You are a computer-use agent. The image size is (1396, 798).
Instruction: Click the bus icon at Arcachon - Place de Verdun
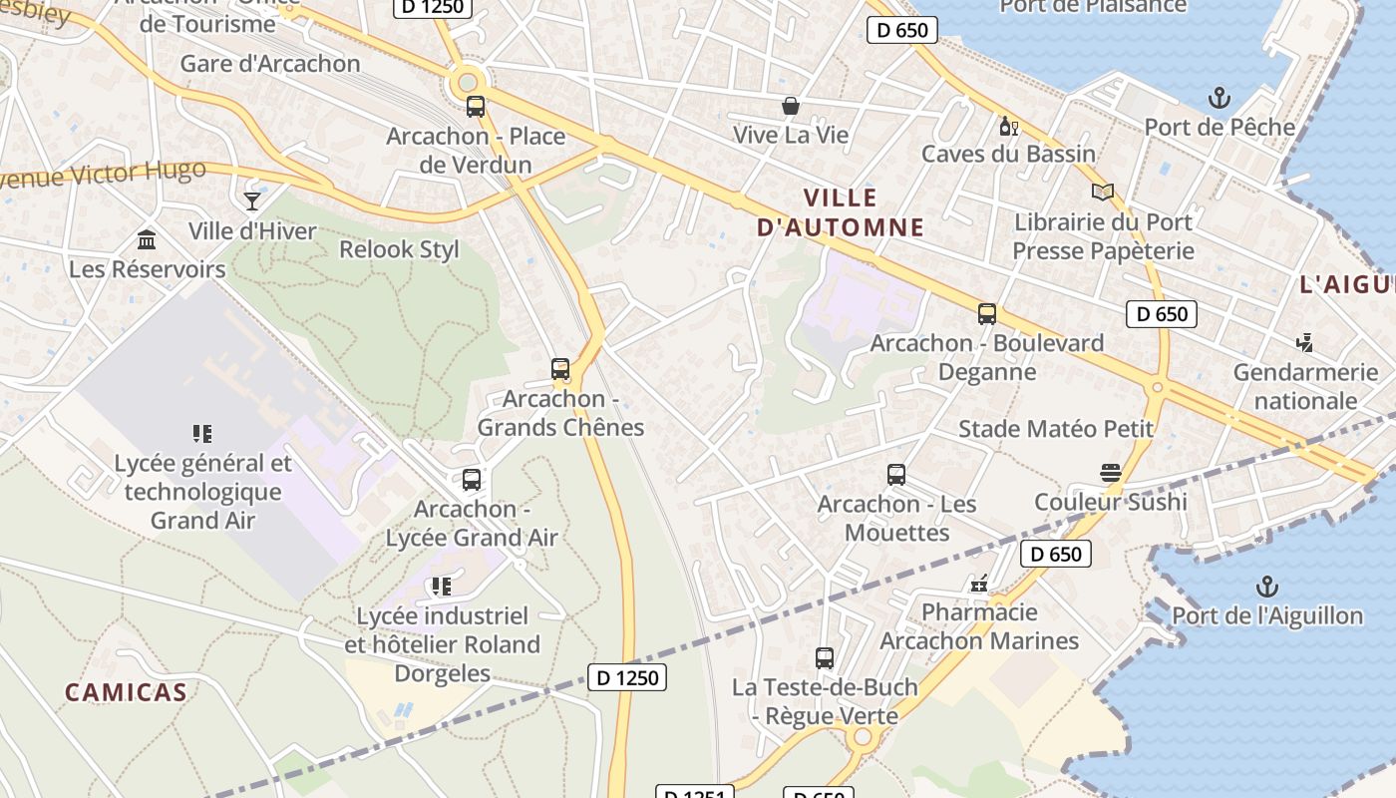coord(476,107)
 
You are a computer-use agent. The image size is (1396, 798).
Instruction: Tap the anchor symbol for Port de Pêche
coord(1219,98)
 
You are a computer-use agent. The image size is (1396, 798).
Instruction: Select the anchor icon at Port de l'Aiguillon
coord(1266,586)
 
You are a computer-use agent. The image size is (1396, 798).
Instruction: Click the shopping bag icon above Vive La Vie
coord(791,106)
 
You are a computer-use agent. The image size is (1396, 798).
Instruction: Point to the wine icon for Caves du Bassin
coord(1008,126)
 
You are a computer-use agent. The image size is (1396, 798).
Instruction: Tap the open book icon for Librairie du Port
coord(1102,193)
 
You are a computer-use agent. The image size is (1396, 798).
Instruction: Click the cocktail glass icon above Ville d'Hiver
coord(252,201)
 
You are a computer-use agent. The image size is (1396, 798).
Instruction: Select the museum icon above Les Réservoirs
coord(147,239)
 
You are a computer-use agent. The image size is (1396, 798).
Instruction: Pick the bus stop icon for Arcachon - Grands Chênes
coord(560,369)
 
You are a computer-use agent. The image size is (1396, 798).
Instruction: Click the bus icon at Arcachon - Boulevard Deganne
coord(987,314)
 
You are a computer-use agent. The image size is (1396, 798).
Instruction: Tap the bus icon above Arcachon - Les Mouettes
coord(896,475)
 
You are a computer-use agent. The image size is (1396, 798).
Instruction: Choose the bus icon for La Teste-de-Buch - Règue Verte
coord(825,658)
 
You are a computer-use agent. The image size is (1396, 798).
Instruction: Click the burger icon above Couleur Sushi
coord(1111,472)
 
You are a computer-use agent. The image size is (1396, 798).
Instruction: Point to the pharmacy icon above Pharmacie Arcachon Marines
coord(979,584)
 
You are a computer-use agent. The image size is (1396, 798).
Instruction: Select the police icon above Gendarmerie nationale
coord(1304,343)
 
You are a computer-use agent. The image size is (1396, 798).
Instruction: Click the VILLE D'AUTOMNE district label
coord(841,212)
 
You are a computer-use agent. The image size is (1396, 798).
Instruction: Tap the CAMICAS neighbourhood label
coord(126,692)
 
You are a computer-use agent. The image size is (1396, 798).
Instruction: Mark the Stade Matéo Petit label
coord(1055,429)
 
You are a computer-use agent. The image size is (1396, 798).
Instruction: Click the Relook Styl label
coord(399,249)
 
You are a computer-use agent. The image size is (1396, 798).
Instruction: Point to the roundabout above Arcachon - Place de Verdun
coord(466,80)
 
